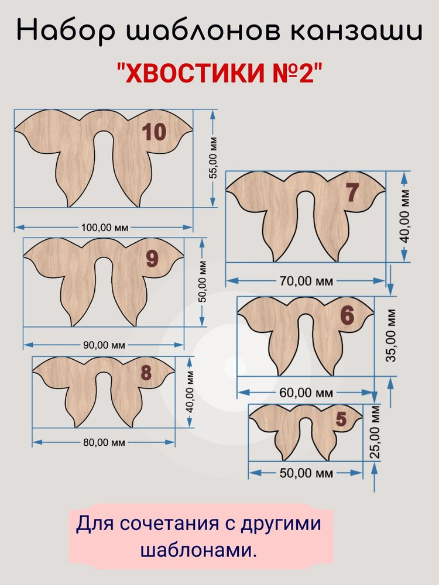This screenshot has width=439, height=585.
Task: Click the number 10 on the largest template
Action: (x=155, y=132)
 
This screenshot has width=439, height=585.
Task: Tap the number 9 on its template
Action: (x=152, y=258)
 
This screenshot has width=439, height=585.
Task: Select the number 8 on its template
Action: (x=146, y=373)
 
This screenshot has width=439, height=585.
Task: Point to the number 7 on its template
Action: (x=351, y=192)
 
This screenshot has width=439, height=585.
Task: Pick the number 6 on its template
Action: (x=347, y=315)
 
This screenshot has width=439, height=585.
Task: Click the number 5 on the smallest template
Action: (x=341, y=419)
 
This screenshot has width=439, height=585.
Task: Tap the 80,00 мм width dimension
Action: (x=104, y=443)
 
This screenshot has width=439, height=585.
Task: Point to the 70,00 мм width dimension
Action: (x=306, y=281)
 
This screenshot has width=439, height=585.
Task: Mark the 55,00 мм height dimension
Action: (x=214, y=157)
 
